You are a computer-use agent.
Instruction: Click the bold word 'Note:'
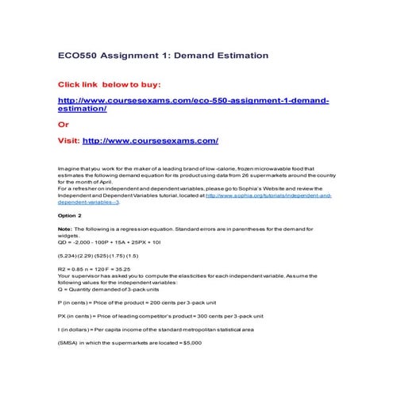tap(66, 229)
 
